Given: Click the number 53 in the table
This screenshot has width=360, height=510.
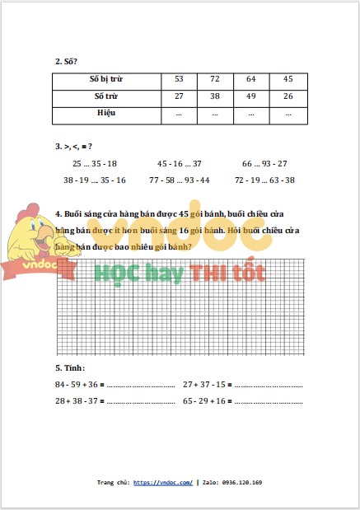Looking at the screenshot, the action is pos(179,79).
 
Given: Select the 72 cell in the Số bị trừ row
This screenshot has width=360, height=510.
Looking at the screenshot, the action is pos(215,79).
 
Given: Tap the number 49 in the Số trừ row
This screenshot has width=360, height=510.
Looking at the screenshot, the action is pos(250,96).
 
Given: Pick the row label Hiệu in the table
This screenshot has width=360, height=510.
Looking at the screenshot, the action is pos(105,112).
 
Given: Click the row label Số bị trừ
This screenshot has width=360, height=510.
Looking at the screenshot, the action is pos(105,79).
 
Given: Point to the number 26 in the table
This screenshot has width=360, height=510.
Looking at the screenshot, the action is pos(288,96).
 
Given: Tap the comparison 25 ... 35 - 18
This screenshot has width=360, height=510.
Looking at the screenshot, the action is pos(95,163).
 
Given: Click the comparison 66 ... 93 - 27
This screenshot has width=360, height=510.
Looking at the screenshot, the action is pos(264,163).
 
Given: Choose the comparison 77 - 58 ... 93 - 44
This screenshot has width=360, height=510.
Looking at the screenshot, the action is pos(180,179).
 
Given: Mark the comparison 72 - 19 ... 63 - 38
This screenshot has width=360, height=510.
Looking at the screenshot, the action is pos(265,179).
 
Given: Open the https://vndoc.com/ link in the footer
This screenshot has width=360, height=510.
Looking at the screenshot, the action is pos(162,482).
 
